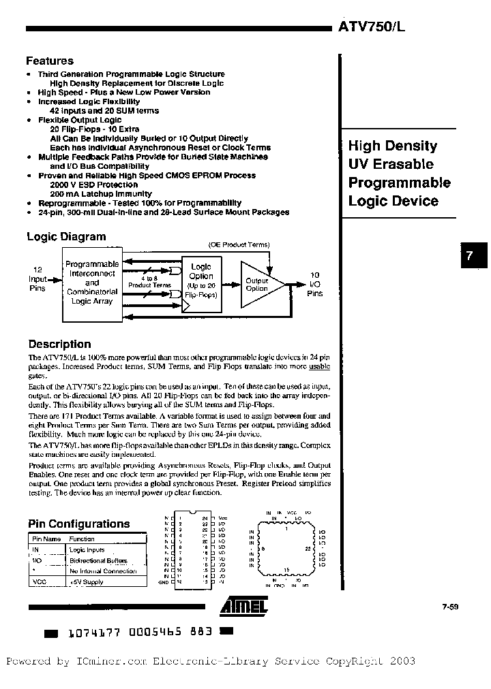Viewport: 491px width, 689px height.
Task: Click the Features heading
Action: click(x=50, y=61)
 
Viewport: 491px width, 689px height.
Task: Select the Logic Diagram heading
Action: click(x=66, y=237)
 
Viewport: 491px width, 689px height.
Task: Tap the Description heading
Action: click(x=59, y=344)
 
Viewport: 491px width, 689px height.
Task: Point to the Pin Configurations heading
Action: click(x=78, y=524)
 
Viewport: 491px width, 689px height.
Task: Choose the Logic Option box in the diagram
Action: click(x=201, y=281)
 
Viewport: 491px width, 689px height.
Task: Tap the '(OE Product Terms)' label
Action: click(x=239, y=244)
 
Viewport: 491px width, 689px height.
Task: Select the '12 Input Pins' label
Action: click(x=38, y=278)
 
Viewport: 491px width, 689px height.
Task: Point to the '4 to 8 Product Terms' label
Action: click(x=149, y=282)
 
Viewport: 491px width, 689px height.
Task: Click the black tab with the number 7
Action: click(x=469, y=257)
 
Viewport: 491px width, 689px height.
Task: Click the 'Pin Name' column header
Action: click(x=44, y=538)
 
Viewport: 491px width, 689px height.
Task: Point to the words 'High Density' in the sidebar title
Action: click(x=393, y=146)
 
